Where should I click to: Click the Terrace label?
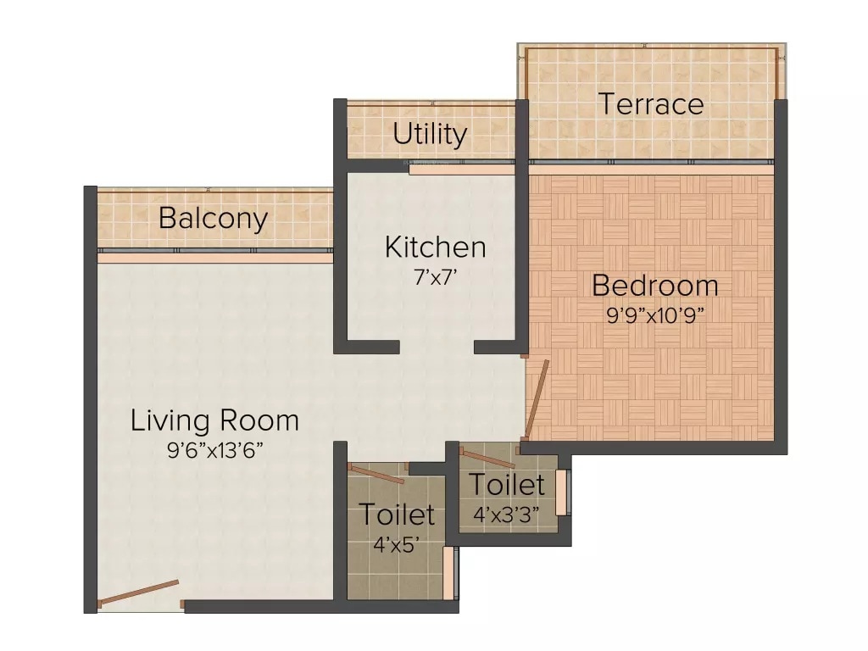tap(651, 104)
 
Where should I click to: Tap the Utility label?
tap(430, 134)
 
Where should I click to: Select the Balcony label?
tap(213, 219)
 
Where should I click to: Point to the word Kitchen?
tap(435, 248)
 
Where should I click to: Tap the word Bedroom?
tap(654, 286)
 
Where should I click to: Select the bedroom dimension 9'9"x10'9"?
tap(654, 314)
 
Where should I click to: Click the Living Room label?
tap(214, 420)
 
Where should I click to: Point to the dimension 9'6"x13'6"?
tap(214, 450)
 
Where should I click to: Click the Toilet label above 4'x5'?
tap(396, 514)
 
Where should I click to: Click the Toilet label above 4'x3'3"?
tap(506, 485)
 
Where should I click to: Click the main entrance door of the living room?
tap(139, 593)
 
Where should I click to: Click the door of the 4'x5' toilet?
tap(376, 474)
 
